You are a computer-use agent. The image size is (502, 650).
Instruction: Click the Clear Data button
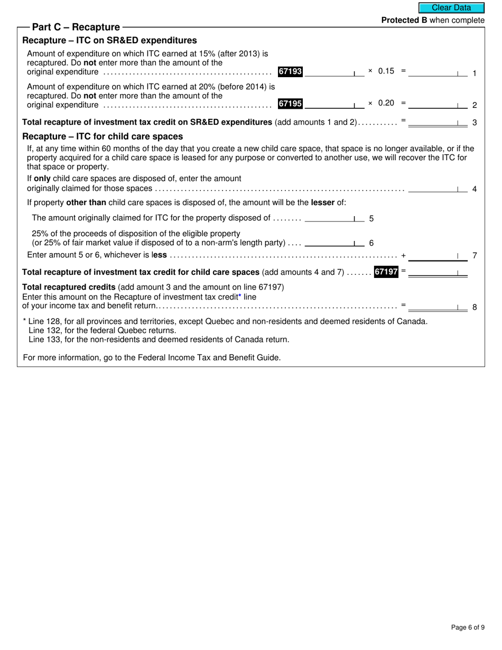[451, 8]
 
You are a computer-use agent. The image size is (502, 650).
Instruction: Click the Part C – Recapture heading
[76, 27]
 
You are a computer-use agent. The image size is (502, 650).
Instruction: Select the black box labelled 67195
[290, 104]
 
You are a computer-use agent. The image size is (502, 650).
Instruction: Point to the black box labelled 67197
[386, 272]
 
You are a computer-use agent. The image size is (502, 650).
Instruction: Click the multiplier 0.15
[386, 71]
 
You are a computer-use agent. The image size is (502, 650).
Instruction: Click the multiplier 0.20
[386, 104]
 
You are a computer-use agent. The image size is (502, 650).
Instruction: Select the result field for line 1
[437, 72]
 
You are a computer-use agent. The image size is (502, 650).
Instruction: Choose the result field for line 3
[437, 122]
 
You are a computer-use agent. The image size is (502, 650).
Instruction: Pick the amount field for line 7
[437, 256]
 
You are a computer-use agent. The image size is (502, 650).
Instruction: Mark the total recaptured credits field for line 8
[437, 306]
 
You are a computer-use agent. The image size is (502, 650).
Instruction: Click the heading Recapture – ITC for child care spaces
[103, 136]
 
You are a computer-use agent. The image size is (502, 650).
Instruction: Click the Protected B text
[404, 20]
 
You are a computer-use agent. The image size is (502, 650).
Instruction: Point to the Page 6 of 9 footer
[467, 627]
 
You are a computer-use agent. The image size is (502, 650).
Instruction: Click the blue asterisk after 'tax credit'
[239, 297]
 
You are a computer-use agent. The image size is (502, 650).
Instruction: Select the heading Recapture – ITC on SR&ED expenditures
[109, 41]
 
